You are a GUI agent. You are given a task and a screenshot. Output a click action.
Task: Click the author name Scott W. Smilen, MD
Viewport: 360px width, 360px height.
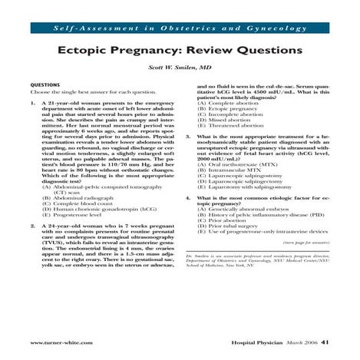pos(180,68)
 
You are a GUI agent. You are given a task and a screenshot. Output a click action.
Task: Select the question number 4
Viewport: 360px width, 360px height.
pos(189,198)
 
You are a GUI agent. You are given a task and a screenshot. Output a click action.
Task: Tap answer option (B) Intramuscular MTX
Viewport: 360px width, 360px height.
pos(230,171)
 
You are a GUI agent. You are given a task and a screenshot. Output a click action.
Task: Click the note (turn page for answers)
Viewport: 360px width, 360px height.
pos(307,243)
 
